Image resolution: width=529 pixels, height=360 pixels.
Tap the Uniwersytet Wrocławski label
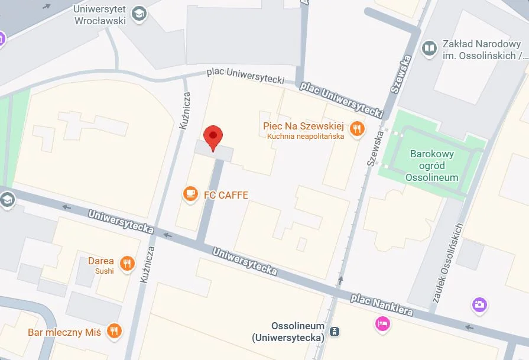click(x=99, y=15)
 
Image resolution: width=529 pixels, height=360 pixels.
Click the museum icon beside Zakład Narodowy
click(x=429, y=48)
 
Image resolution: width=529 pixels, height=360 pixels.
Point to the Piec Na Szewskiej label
click(x=303, y=127)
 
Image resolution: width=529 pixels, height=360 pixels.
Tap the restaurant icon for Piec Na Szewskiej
click(x=356, y=128)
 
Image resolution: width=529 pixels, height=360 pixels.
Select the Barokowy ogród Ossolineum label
click(x=431, y=166)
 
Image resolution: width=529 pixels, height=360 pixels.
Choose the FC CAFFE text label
click(x=226, y=195)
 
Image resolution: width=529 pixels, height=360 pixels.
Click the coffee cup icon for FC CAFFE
click(x=190, y=194)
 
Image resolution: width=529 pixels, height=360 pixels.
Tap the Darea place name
click(x=100, y=261)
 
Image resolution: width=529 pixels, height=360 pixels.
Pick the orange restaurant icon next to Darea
click(x=127, y=264)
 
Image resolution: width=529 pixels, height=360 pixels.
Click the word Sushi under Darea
click(x=104, y=271)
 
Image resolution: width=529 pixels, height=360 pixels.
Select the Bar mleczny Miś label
click(x=64, y=332)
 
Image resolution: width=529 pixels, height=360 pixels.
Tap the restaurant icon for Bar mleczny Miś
click(x=115, y=331)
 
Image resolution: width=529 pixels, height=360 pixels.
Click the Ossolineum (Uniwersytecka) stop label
click(x=289, y=332)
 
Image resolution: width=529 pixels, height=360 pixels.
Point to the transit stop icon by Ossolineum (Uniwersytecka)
click(x=335, y=332)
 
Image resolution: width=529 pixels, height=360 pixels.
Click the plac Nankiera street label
click(x=381, y=305)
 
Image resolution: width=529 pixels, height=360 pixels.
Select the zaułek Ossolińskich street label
click(x=448, y=263)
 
